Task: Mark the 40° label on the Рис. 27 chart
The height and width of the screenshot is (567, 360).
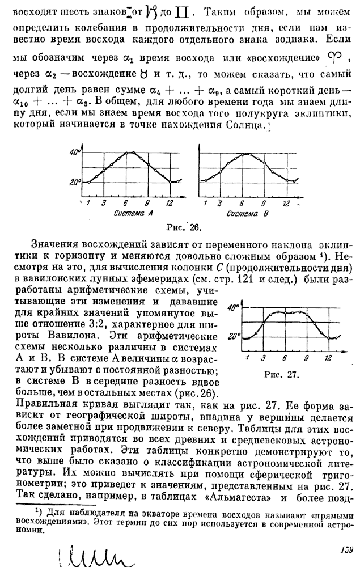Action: (x=232, y=309)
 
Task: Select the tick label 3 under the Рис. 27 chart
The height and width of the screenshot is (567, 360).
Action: (x=264, y=358)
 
